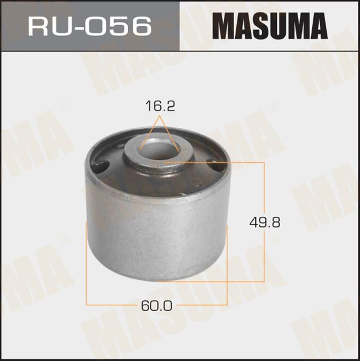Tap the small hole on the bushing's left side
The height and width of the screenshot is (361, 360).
[101, 167]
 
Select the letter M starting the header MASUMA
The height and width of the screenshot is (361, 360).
[223, 26]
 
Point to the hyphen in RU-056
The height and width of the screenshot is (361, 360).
[84, 27]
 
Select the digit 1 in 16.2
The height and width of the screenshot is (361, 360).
[148, 106]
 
